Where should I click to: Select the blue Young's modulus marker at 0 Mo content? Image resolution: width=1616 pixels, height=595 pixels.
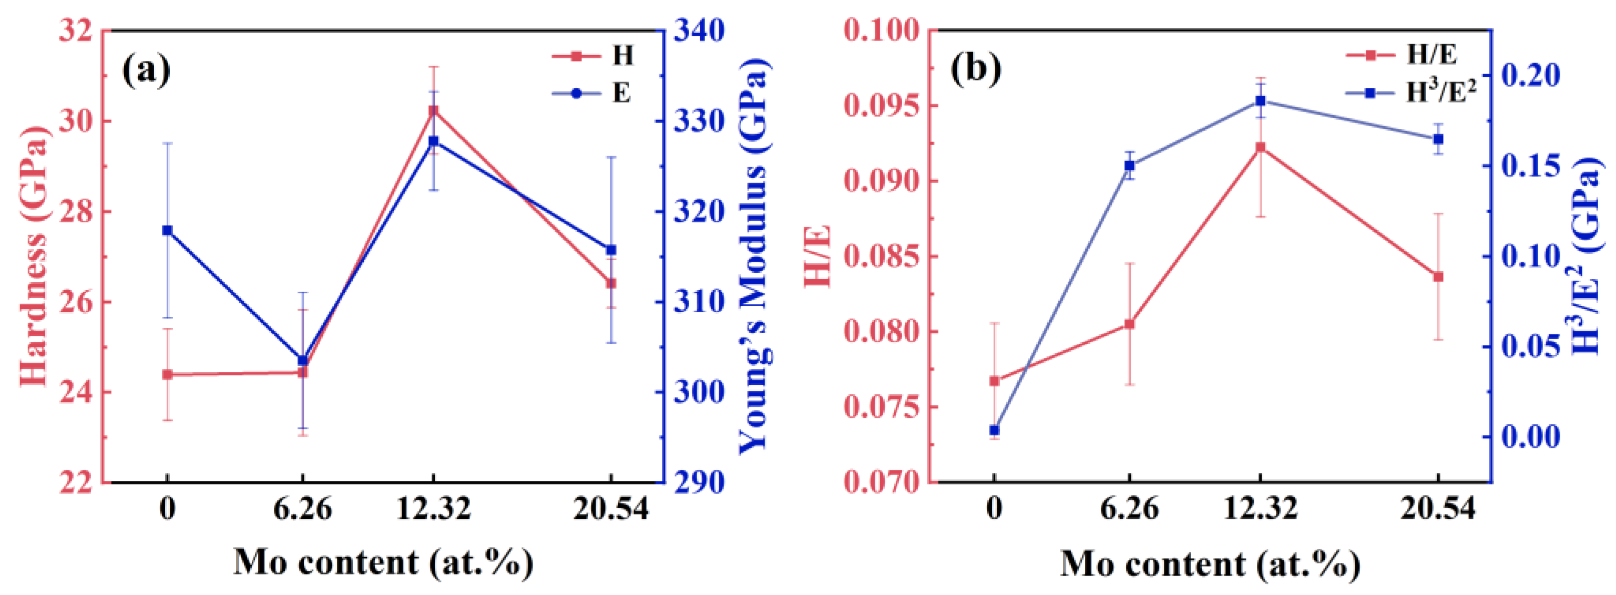tap(167, 230)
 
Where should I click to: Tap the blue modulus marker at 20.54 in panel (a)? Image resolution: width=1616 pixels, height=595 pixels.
tap(611, 250)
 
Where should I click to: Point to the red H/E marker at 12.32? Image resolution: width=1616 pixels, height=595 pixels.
tap(1260, 147)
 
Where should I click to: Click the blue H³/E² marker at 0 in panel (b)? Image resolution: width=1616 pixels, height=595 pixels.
tap(994, 430)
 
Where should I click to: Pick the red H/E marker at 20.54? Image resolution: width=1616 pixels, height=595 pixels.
tap(1438, 276)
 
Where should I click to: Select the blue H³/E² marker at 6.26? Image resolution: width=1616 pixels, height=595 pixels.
tap(1129, 166)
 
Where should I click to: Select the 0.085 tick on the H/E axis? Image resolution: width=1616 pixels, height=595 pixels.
tap(882, 257)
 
